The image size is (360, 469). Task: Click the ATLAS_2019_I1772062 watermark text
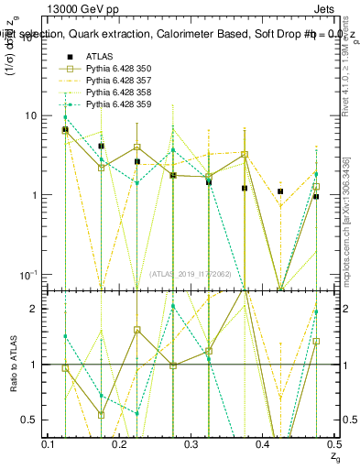(191, 273)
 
